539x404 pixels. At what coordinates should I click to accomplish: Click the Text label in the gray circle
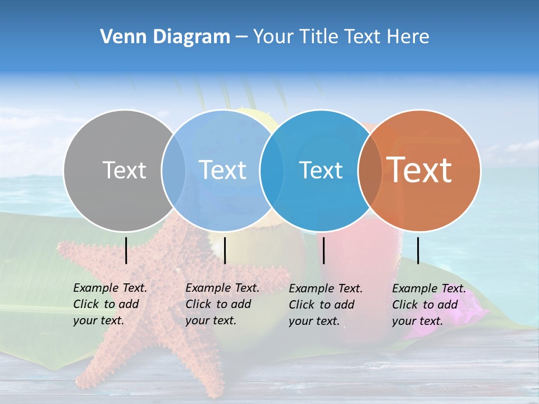tap(124, 170)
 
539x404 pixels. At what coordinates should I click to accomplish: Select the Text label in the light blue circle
tap(223, 170)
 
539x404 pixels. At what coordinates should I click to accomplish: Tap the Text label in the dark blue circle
tap(321, 170)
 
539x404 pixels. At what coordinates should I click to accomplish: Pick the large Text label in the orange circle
tap(419, 170)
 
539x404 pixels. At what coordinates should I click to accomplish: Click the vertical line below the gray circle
tap(126, 250)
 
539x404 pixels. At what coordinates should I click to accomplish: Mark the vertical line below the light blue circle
tap(225, 250)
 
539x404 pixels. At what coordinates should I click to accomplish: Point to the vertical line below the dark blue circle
tap(323, 250)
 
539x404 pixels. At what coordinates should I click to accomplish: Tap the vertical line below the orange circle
tap(418, 250)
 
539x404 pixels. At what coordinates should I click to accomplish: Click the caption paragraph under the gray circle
tap(110, 304)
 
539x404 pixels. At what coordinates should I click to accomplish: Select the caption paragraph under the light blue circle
tap(222, 304)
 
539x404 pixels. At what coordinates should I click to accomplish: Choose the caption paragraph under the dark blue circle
tap(326, 305)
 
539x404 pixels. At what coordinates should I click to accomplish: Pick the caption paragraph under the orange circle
tap(429, 305)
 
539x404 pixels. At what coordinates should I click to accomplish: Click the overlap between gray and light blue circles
tap(173, 170)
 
